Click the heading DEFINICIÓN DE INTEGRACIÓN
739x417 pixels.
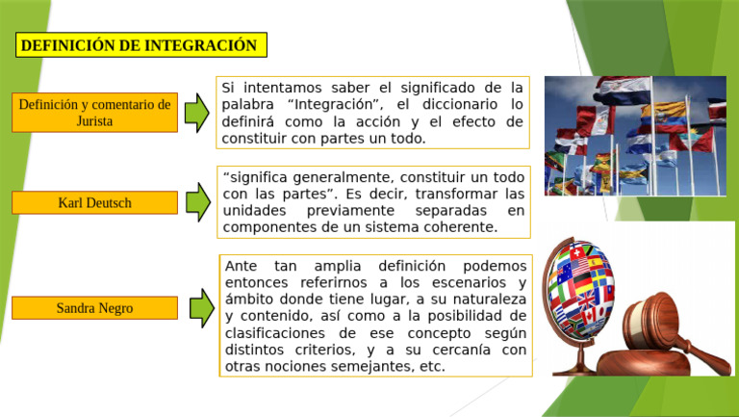[x=140, y=45]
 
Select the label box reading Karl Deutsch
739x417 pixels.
[x=94, y=202]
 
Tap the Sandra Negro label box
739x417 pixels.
[x=94, y=308]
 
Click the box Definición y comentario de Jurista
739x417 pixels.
[x=94, y=113]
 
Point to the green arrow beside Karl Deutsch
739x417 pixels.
[x=197, y=202]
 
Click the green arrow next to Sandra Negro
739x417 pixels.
[x=201, y=308]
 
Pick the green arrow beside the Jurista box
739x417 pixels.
[x=196, y=113]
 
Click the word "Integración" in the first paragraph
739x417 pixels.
[x=330, y=104]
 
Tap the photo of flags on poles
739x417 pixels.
[x=635, y=135]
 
